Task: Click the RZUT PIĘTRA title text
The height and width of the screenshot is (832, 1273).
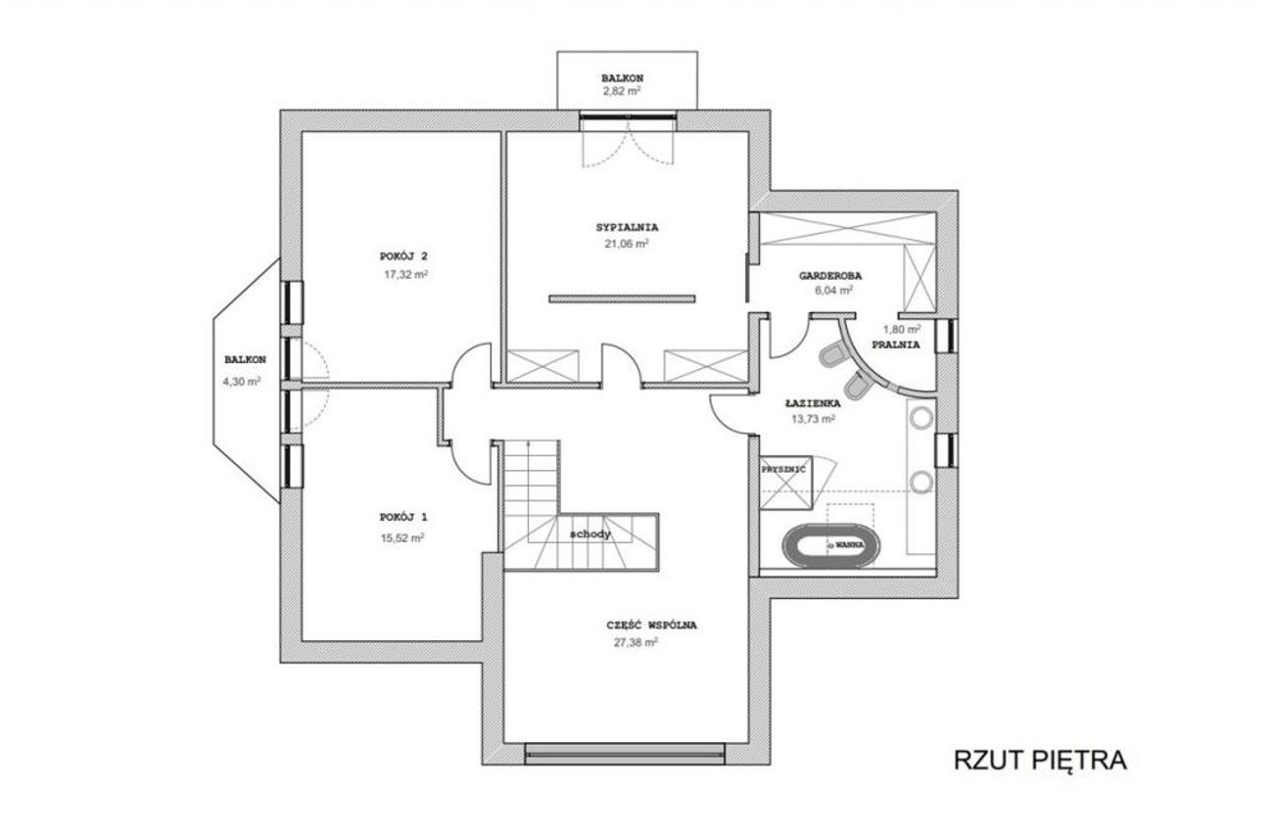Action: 1039,760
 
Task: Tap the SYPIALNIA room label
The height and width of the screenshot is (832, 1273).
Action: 627,227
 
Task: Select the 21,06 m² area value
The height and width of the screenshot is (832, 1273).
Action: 627,244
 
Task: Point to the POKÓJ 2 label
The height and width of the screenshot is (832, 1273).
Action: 403,256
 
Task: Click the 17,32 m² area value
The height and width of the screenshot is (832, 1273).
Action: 405,275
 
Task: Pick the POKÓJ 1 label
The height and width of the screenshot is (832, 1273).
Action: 403,518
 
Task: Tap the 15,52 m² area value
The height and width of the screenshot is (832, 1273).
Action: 402,537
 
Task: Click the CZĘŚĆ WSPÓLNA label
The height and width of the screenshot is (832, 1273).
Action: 651,625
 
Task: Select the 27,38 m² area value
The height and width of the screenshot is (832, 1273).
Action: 636,642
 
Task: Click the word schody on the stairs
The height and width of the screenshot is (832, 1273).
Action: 590,533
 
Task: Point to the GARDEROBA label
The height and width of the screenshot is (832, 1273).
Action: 830,276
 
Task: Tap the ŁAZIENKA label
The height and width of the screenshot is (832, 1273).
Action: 813,403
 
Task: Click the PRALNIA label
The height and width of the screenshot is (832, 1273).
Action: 896,345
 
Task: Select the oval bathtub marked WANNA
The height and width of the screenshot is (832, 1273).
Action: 830,545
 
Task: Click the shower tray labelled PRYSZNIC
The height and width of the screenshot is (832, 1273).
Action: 786,483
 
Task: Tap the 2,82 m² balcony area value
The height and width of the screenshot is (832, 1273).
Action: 622,91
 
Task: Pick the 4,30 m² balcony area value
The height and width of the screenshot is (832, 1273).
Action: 242,381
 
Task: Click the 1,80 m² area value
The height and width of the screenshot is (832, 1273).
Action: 902,329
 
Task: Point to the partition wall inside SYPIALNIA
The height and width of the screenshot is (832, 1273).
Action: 622,299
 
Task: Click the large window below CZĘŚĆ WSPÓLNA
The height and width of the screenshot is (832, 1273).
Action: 625,754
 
